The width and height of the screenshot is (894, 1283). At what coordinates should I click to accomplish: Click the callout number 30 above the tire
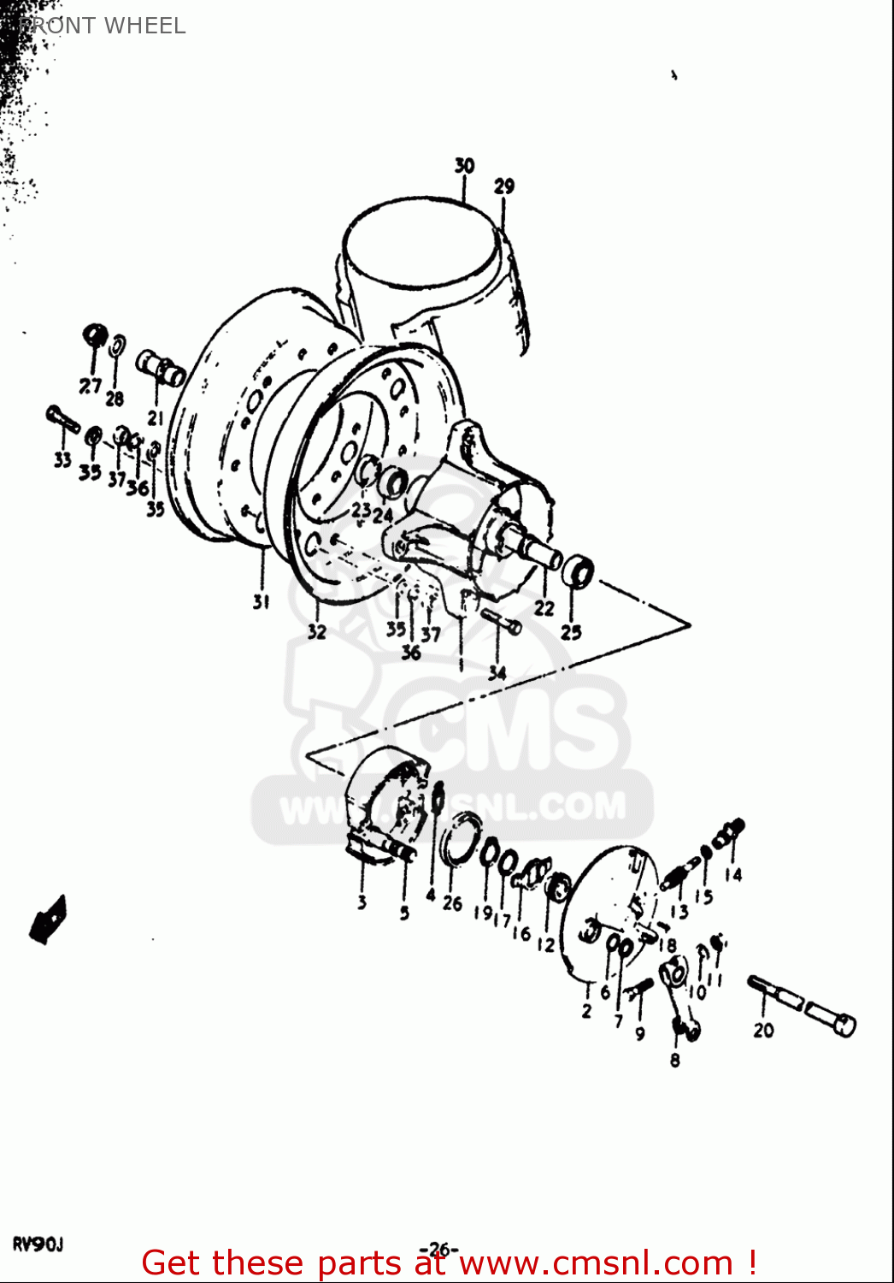464,165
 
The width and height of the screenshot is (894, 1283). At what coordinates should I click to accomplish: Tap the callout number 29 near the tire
504,186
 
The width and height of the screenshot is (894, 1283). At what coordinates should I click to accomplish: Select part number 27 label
90,386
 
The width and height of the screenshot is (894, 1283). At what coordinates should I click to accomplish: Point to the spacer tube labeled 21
161,370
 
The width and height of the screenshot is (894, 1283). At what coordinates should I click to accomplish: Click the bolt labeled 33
62,419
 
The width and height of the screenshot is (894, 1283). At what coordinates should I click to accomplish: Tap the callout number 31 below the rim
261,601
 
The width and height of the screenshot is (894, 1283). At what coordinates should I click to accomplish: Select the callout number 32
317,632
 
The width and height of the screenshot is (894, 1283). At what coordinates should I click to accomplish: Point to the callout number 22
544,608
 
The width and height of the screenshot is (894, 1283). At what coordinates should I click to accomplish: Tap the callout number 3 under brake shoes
362,902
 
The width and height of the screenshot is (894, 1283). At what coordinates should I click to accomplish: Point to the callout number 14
733,874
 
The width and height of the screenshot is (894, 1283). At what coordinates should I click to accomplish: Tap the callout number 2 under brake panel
586,1011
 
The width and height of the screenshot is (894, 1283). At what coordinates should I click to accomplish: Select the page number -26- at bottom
438,1250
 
